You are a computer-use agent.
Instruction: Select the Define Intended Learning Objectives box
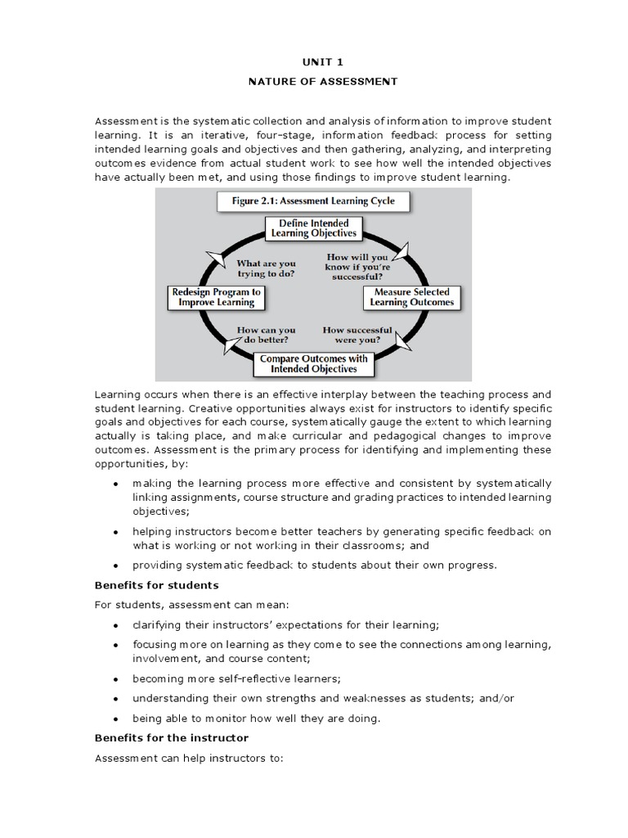313,228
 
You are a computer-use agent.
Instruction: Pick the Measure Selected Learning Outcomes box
411,297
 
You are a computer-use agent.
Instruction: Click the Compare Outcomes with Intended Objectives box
314,363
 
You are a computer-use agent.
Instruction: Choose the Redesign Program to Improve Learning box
216,297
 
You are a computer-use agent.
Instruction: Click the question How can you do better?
266,336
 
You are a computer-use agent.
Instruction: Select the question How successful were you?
357,335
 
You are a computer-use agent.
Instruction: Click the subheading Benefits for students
156,586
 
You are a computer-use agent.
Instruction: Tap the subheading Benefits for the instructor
171,738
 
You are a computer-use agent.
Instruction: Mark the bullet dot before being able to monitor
115,719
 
